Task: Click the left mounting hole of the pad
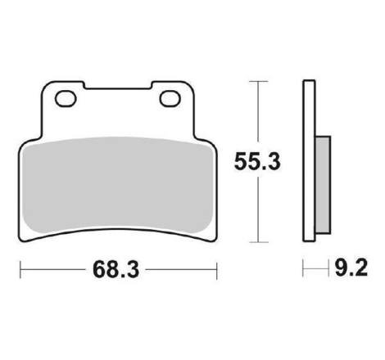tap(66, 99)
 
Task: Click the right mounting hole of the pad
tap(170, 99)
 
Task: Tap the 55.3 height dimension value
tap(257, 162)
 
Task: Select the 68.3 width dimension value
tap(116, 270)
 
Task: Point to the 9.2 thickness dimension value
tap(351, 268)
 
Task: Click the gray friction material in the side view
tap(323, 185)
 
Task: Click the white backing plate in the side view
tap(309, 161)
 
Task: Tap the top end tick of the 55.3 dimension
tap(258, 81)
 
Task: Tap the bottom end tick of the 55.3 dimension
tap(258, 242)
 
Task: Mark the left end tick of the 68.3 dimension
tap(20, 270)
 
